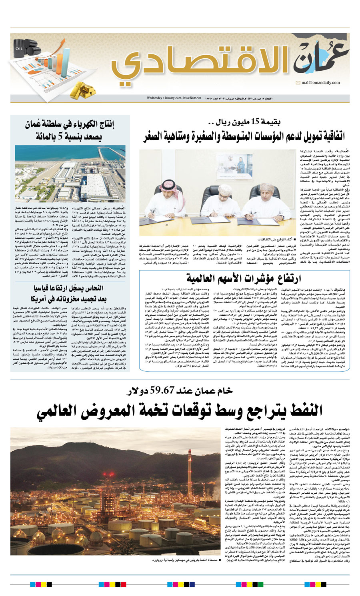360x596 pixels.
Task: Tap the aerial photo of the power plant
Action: [x=70, y=173]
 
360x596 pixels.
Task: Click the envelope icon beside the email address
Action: [x=298, y=83]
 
